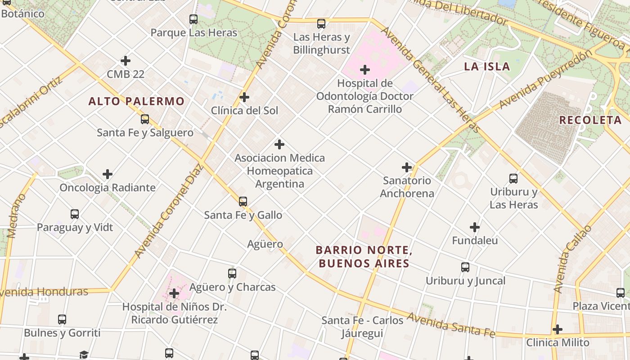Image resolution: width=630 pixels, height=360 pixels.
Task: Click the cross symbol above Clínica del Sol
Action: pyautogui.click(x=244, y=97)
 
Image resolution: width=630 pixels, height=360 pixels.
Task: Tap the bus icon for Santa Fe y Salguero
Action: pyautogui.click(x=145, y=119)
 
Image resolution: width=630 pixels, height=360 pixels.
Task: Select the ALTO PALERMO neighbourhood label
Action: pyautogui.click(x=136, y=101)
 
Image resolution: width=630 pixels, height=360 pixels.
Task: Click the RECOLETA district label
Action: pyautogui.click(x=590, y=120)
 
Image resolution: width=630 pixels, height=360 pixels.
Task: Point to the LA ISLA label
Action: pyautogui.click(x=487, y=67)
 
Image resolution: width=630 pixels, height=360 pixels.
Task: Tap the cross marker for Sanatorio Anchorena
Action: pyautogui.click(x=407, y=167)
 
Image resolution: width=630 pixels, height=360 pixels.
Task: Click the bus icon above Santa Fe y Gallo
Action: pyautogui.click(x=243, y=202)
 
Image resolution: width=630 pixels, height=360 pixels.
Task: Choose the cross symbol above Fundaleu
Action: pyautogui.click(x=475, y=227)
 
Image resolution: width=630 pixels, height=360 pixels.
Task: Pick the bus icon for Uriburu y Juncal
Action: pyautogui.click(x=465, y=267)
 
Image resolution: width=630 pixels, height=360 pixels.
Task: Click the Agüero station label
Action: pyautogui.click(x=265, y=244)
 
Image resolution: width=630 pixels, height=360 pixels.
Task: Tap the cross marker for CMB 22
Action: pyautogui.click(x=126, y=61)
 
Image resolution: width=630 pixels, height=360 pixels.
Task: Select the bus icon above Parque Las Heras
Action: pyautogui.click(x=193, y=19)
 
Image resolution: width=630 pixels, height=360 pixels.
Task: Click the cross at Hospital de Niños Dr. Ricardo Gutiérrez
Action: pyautogui.click(x=174, y=294)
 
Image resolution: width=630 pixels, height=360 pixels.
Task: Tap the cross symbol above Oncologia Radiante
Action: pyautogui.click(x=108, y=174)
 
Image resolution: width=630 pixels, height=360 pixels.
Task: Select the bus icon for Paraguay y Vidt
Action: pyautogui.click(x=75, y=214)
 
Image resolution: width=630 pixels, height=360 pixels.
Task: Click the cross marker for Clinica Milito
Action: pyautogui.click(x=558, y=329)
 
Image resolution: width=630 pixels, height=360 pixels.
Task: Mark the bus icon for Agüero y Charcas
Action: pyautogui.click(x=232, y=273)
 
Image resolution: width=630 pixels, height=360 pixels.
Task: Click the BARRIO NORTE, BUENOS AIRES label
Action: pyautogui.click(x=364, y=256)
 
